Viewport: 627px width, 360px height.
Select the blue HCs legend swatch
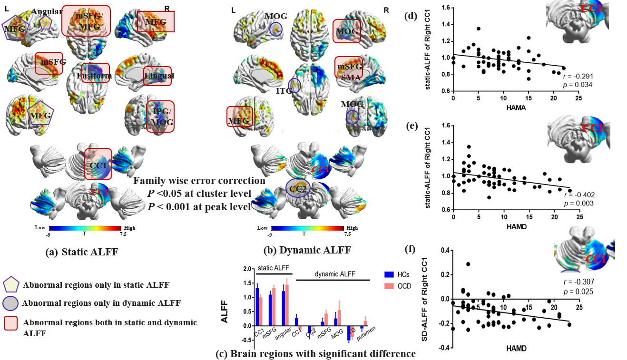(x=390, y=274)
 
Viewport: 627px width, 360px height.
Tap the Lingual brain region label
(x=159, y=76)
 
